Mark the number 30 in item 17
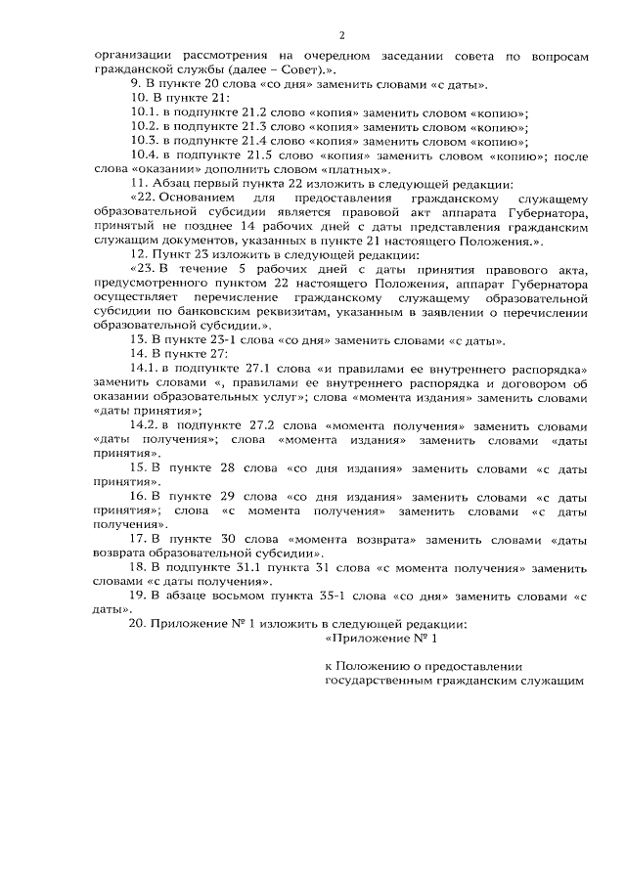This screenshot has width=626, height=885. tap(230, 539)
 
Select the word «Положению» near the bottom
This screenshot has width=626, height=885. tap(370, 665)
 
